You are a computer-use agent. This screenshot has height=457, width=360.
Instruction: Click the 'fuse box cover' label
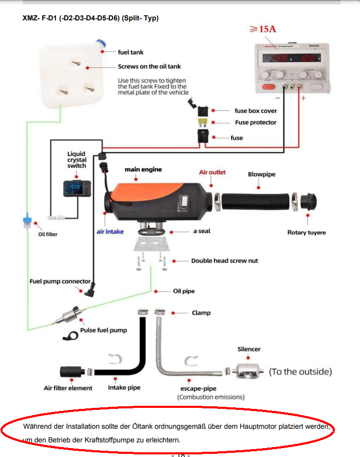[x=256, y=111]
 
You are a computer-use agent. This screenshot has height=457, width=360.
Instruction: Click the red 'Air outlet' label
[x=212, y=172]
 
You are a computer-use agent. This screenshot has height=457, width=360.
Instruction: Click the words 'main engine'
[x=143, y=169]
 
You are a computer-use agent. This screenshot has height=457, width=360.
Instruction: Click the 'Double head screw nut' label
[x=224, y=260]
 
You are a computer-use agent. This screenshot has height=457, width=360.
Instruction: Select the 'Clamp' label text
[x=201, y=313]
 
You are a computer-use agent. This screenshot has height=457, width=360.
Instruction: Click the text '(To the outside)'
[x=300, y=372]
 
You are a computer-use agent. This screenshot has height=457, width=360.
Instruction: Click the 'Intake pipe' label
[x=124, y=388]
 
